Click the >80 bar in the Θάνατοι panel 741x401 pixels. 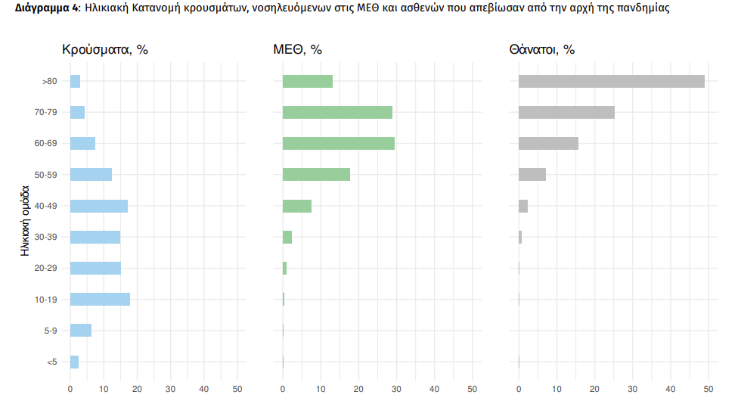(x=611, y=81)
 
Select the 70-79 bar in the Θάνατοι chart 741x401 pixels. (x=566, y=112)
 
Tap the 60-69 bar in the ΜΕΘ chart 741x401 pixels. (x=339, y=143)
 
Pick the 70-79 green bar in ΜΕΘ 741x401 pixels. (x=337, y=112)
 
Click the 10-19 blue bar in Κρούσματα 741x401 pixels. (x=100, y=299)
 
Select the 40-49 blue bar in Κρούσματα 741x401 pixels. (x=99, y=206)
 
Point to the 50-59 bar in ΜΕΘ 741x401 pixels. (x=316, y=174)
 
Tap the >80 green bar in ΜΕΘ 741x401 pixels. (x=308, y=81)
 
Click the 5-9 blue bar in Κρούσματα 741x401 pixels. (x=81, y=330)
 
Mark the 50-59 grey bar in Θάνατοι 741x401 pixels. (x=532, y=174)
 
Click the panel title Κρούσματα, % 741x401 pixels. (x=104, y=50)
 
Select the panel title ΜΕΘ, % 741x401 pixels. (x=297, y=50)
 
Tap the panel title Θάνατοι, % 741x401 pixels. (x=542, y=50)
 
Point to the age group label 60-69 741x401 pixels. (x=45, y=143)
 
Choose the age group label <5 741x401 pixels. (x=51, y=362)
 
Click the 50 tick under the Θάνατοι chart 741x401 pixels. (x=708, y=389)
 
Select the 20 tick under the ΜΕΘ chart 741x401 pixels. (x=358, y=389)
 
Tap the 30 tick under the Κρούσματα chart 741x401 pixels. (x=170, y=389)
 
